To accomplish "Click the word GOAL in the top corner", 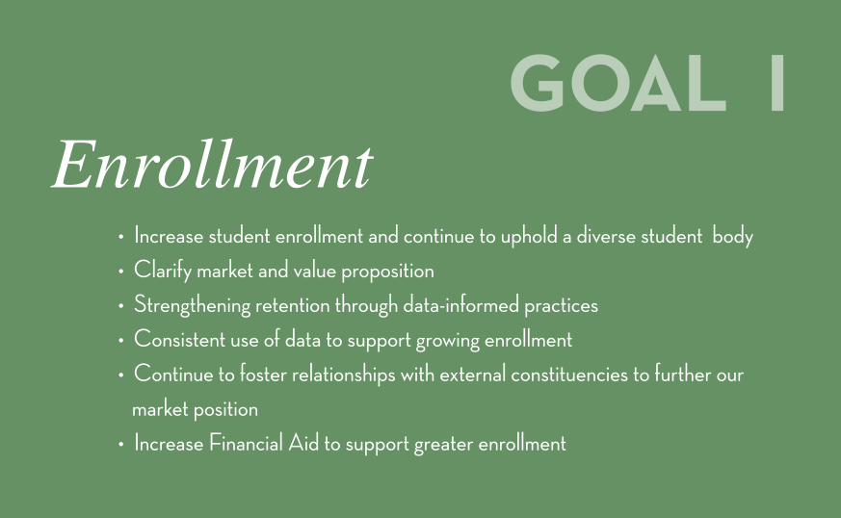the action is click(x=618, y=83).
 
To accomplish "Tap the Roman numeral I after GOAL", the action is click(x=777, y=83).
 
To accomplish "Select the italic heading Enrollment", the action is click(x=212, y=164).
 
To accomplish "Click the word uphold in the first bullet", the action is click(x=529, y=237).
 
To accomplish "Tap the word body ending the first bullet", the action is click(x=733, y=237).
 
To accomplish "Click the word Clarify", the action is click(x=163, y=271).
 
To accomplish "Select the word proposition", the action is click(x=388, y=272).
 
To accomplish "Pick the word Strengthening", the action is click(x=192, y=305).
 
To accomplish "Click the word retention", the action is click(x=292, y=305).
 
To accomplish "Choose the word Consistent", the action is click(x=180, y=340).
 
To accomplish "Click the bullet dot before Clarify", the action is click(x=120, y=272).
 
